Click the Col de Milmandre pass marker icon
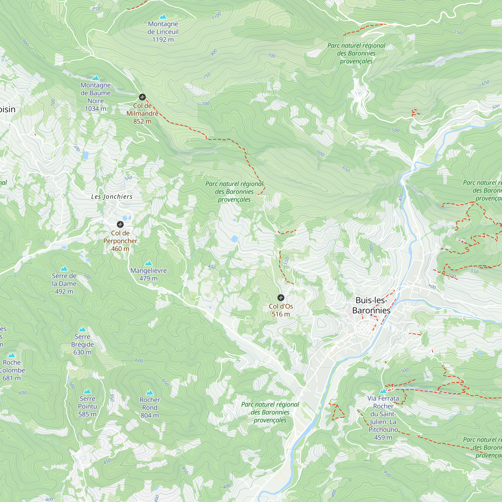pyautogui.click(x=142, y=97)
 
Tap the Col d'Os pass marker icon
pyautogui.click(x=281, y=297)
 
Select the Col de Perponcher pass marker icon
pyautogui.click(x=120, y=224)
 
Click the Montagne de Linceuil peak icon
pyautogui.click(x=163, y=17)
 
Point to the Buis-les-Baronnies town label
pyautogui.click(x=371, y=305)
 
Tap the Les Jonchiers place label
pyautogui.click(x=112, y=197)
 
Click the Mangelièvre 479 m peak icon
pyautogui.click(x=148, y=263)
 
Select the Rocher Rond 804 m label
pyautogui.click(x=150, y=407)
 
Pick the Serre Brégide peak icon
pyautogui.click(x=82, y=330)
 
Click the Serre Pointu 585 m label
pyautogui.click(x=87, y=406)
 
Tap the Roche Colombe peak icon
pyautogui.click(x=12, y=355)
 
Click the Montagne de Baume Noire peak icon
pyautogui.click(x=96, y=78)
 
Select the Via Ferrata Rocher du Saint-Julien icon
pyautogui.click(x=383, y=391)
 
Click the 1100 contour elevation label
pyautogui.click(x=216, y=16)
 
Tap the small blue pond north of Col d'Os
pyautogui.click(x=235, y=238)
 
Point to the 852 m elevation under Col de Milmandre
pyautogui.click(x=142, y=121)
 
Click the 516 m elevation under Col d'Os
pyautogui.click(x=281, y=314)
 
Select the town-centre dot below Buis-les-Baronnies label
pyautogui.click(x=371, y=315)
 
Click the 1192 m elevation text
pyautogui.click(x=163, y=39)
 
